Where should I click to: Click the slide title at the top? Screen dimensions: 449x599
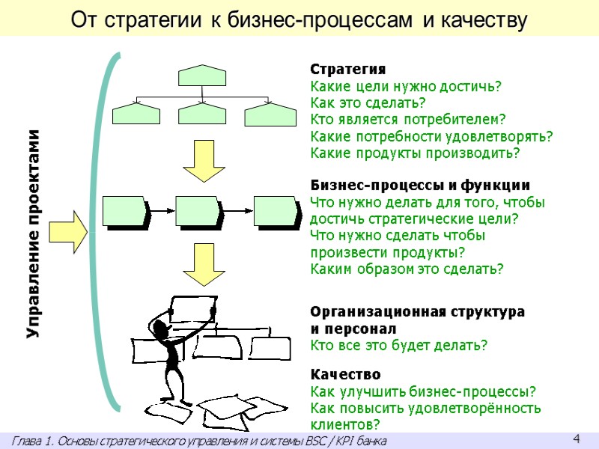click(299, 20)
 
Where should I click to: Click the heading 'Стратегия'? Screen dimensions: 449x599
click(348, 70)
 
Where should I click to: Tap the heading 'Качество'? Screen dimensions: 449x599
click(345, 374)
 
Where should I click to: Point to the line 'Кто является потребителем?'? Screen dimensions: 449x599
click(408, 119)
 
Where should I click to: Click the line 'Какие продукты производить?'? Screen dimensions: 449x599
click(414, 153)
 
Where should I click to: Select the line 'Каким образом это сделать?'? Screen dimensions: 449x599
click(407, 269)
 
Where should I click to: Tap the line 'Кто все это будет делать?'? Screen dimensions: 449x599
click(399, 345)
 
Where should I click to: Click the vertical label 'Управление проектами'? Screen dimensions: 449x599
click(34, 233)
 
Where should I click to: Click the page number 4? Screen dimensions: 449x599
click(576, 438)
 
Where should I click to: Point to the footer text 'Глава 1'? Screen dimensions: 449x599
click(199, 442)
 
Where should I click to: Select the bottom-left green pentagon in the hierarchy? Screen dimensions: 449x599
click(136, 113)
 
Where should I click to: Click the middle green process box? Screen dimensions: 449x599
click(198, 212)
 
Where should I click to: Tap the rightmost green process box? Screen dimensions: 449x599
click(276, 212)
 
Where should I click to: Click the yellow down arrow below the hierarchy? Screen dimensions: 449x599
click(202, 160)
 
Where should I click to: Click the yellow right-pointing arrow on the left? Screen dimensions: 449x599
click(72, 232)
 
